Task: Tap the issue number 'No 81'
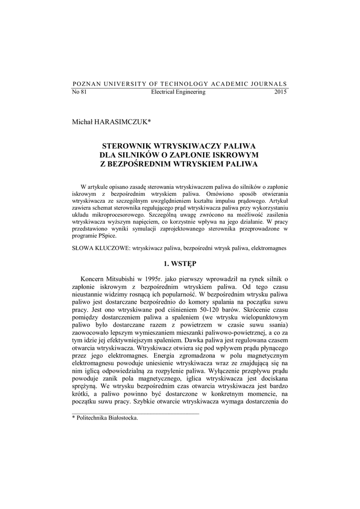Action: (x=80, y=92)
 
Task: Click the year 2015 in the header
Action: (x=281, y=92)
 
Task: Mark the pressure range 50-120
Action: (x=201, y=308)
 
